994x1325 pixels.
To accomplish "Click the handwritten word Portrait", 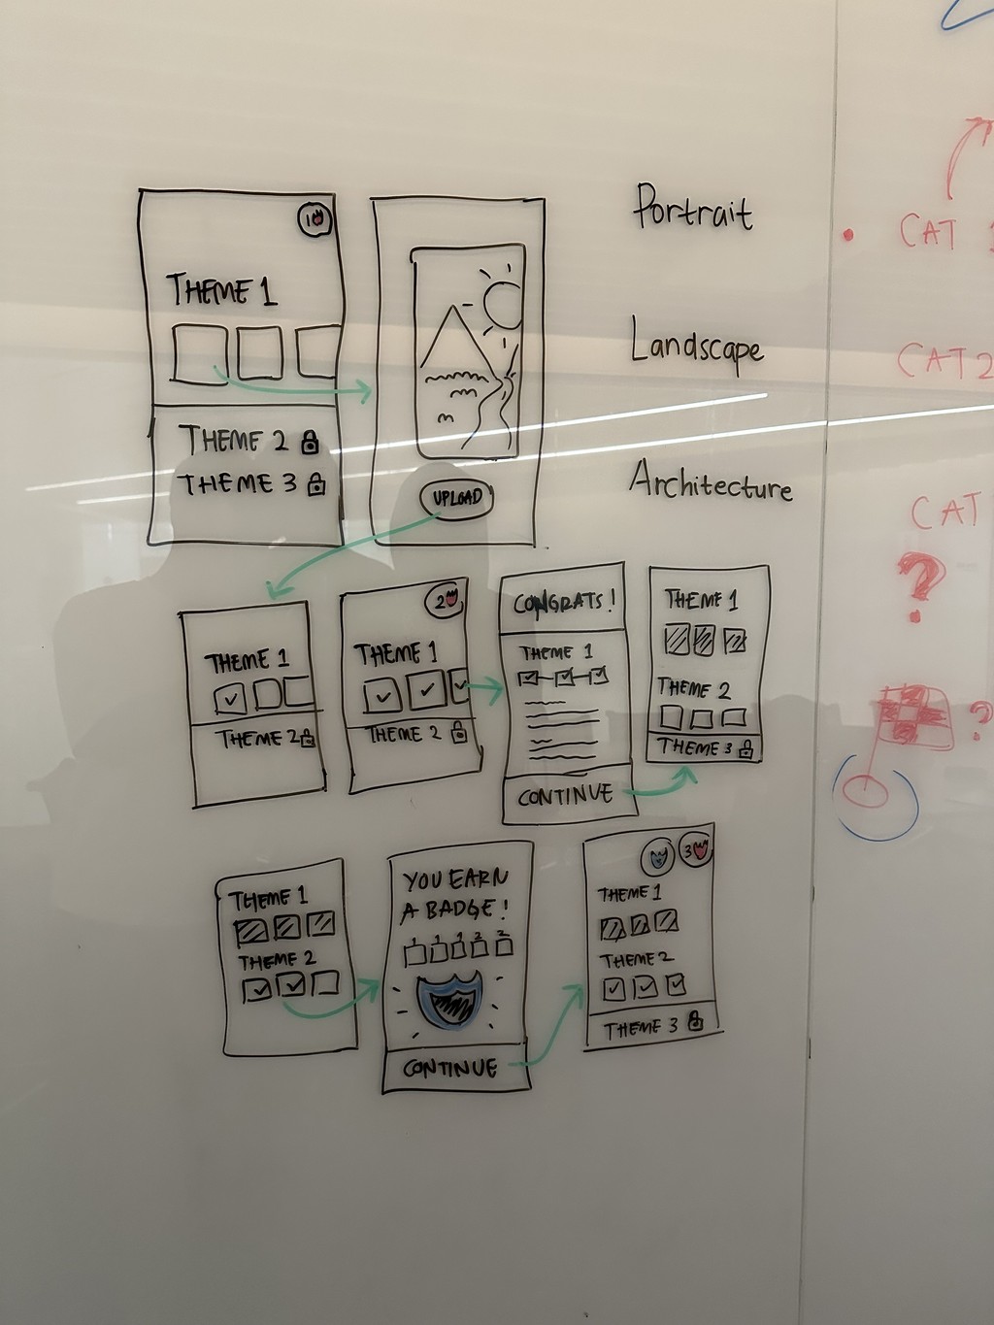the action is [x=693, y=208].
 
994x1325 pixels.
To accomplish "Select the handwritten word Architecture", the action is [x=710, y=481].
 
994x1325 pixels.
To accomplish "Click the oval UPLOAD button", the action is [x=456, y=498].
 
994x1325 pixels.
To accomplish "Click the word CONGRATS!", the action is [x=563, y=602].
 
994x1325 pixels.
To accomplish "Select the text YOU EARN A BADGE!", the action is [x=454, y=894].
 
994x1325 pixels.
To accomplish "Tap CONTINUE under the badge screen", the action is [x=449, y=1069].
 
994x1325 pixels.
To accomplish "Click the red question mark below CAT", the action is [x=917, y=582].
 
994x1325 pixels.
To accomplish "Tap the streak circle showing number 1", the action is [x=315, y=221].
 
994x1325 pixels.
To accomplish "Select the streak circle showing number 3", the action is [x=695, y=852].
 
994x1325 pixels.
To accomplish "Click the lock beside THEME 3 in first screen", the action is [x=316, y=485].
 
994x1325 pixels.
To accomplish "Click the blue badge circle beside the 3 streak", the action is [x=658, y=856].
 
